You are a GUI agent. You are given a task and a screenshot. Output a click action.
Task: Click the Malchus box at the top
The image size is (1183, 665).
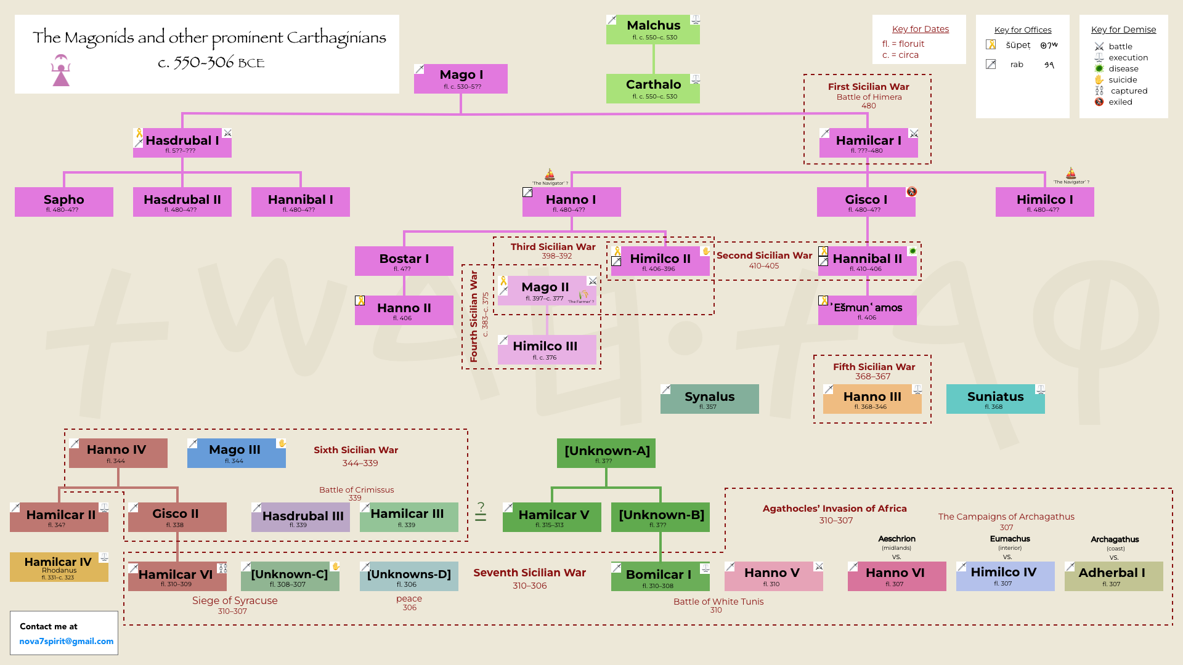pos(652,30)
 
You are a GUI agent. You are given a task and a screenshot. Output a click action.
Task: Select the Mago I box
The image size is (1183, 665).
pos(461,79)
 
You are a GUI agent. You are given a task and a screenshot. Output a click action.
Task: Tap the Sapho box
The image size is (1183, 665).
pos(64,202)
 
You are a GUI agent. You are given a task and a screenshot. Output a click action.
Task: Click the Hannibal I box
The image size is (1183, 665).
pos(301,202)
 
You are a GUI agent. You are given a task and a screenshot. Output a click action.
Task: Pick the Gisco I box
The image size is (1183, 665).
pos(866,202)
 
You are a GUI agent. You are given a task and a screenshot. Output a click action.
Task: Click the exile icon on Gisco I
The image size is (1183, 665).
pos(911,191)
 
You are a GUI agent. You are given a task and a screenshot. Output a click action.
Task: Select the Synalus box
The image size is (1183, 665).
pos(709,399)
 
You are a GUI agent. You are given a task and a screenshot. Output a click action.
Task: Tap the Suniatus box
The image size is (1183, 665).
pos(995,399)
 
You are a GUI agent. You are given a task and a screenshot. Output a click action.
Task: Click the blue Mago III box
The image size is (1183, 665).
pos(236,453)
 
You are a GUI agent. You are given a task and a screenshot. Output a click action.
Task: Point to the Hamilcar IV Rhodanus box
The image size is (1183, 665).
pos(59,567)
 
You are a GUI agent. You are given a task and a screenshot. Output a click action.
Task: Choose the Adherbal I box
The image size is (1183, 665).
pos(1113,576)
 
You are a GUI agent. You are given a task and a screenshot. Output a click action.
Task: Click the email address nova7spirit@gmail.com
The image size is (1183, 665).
pos(66,641)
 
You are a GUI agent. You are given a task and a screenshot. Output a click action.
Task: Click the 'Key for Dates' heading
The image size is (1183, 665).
pos(920,29)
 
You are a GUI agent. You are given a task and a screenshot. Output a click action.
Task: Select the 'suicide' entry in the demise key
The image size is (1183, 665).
pos(1122,80)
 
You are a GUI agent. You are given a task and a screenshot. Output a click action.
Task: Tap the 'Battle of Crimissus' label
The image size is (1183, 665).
pos(356,490)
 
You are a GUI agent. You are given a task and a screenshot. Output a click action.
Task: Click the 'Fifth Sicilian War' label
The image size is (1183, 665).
pos(874,367)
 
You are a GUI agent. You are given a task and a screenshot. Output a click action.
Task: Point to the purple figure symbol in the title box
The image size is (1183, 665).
pos(61,70)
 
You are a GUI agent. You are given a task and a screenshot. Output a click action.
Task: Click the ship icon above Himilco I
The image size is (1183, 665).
pos(1071,173)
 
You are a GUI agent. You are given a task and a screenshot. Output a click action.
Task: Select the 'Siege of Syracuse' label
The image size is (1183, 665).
pos(235,600)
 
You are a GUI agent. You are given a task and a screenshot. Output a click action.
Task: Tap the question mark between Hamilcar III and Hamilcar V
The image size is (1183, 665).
pos(481,507)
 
